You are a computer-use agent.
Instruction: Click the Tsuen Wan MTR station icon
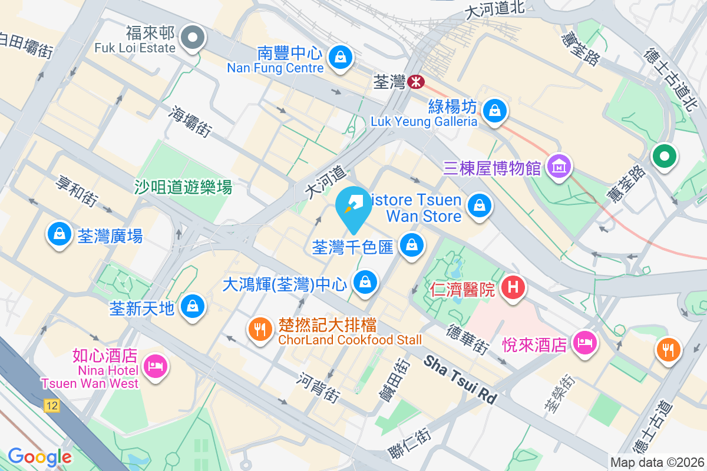coord(415,81)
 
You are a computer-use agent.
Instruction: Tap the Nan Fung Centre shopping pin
coord(341,57)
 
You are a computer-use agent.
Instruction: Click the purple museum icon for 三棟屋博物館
coord(559,167)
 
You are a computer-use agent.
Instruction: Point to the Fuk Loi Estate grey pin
coord(192,38)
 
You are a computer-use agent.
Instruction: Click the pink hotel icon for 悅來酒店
coord(584,342)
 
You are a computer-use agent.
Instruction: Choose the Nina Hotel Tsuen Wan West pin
coord(156,367)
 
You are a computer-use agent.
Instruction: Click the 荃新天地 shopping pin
coord(192,306)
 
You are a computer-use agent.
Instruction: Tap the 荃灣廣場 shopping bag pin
coord(59,234)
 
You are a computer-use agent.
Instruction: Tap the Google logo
coord(39,456)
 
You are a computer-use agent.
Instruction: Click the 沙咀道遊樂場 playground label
coord(183,188)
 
